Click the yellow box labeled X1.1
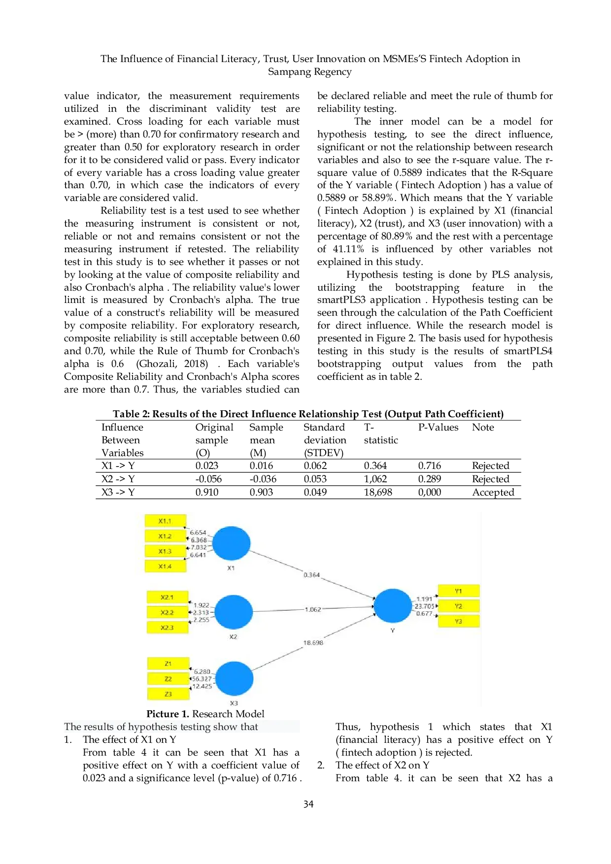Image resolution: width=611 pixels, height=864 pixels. tap(165, 521)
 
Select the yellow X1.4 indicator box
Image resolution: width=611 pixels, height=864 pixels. tap(165, 566)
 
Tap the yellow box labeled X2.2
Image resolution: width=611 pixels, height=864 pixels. tap(167, 612)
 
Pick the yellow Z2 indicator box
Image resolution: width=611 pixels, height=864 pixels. tap(168, 679)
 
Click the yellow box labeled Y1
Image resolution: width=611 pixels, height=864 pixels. tap(458, 591)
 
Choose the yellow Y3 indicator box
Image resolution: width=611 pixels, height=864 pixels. tap(458, 621)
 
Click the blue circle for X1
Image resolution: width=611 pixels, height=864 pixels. tap(231, 543)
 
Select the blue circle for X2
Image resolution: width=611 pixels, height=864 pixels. tap(234, 612)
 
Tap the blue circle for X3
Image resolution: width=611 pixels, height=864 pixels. tap(234, 678)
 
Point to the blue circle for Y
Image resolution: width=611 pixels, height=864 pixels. tap(392, 605)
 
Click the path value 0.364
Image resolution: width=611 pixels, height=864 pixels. tap(311, 575)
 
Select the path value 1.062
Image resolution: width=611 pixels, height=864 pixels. tap(313, 609)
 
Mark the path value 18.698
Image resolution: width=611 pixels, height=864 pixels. tap(313, 643)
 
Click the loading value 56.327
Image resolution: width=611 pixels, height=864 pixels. tap(202, 679)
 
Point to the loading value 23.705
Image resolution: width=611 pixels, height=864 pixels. tap(424, 606)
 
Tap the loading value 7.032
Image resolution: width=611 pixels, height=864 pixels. tap(199, 547)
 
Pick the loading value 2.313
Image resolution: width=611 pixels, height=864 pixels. tap(201, 612)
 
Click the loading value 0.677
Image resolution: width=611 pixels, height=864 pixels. tap(424, 614)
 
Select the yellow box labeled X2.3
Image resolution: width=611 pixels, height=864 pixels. tap(167, 628)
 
